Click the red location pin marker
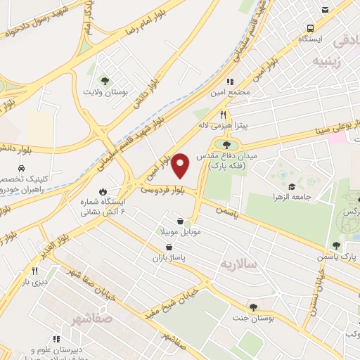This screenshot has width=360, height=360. [181, 165]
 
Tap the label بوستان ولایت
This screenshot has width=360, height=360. [106, 91]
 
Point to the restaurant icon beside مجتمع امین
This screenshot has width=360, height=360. [230, 82]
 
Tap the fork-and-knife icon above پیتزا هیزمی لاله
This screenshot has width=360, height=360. [223, 115]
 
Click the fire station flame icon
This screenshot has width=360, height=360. [103, 191]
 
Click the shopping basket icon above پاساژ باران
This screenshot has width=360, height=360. [169, 247]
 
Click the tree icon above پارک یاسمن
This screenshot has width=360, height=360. [335, 245]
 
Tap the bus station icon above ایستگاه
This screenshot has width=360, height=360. [310, 29]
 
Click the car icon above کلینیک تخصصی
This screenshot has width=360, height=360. [22, 169]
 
